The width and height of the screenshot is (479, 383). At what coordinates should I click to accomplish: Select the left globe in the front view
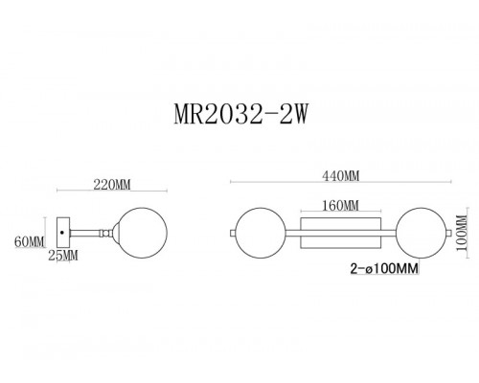click(260, 233)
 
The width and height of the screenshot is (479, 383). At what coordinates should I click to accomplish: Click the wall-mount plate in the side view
click(63, 233)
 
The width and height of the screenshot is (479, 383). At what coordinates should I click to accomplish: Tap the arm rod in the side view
click(91, 233)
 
